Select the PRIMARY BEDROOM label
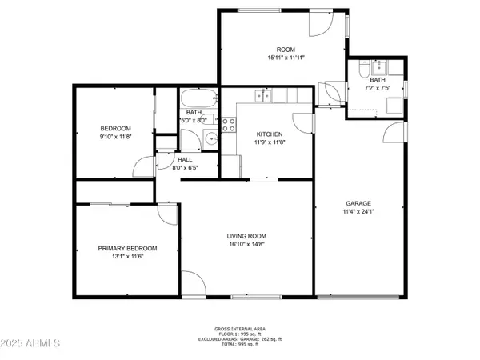(127, 249)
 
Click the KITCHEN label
(270, 134)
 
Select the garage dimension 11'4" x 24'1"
(360, 212)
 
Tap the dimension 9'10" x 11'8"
(115, 138)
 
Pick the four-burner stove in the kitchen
(228, 124)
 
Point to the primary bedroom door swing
(166, 214)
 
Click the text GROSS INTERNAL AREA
(240, 329)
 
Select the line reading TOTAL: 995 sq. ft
(240, 346)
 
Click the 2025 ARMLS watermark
(32, 346)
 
